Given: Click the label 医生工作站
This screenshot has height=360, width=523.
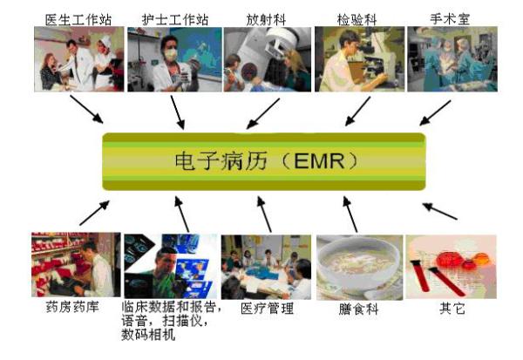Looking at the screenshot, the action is pyautogui.click(x=78, y=20).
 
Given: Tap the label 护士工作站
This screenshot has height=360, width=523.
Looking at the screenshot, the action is pyautogui.click(x=175, y=20).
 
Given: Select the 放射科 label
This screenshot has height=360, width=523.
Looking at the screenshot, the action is pyautogui.click(x=266, y=19).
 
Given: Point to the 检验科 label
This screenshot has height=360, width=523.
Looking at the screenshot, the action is pyautogui.click(x=357, y=20).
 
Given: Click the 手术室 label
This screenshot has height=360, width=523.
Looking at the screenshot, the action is pyautogui.click(x=450, y=19).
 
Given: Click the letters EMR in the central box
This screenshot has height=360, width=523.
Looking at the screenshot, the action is pyautogui.click(x=319, y=161).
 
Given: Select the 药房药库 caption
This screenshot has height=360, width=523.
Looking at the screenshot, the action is pyautogui.click(x=72, y=307).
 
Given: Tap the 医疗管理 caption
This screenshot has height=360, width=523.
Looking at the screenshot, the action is pyautogui.click(x=268, y=308).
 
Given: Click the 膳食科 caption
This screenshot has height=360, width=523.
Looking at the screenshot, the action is pyautogui.click(x=358, y=309).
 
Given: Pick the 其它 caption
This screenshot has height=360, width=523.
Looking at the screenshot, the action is pyautogui.click(x=452, y=308).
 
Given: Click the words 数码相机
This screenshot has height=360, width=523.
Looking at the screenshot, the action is pyautogui.click(x=148, y=335).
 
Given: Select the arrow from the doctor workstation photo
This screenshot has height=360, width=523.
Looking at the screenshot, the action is pyautogui.click(x=86, y=110).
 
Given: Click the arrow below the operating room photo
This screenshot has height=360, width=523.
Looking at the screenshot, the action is pyautogui.click(x=435, y=112).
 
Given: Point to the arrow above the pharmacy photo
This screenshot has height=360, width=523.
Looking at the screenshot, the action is pyautogui.click(x=95, y=213).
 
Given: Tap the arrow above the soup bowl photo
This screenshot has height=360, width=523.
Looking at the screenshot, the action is pyautogui.click(x=350, y=214).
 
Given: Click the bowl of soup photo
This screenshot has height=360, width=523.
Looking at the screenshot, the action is pyautogui.click(x=359, y=268).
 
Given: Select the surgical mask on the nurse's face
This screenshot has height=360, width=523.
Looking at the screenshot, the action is pyautogui.click(x=171, y=54).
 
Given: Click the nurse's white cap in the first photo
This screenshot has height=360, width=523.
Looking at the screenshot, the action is pyautogui.click(x=105, y=41).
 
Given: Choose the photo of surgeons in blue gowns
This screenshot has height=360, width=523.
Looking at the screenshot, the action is pyautogui.click(x=452, y=59).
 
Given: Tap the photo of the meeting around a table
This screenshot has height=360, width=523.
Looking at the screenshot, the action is pyautogui.click(x=266, y=267).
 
